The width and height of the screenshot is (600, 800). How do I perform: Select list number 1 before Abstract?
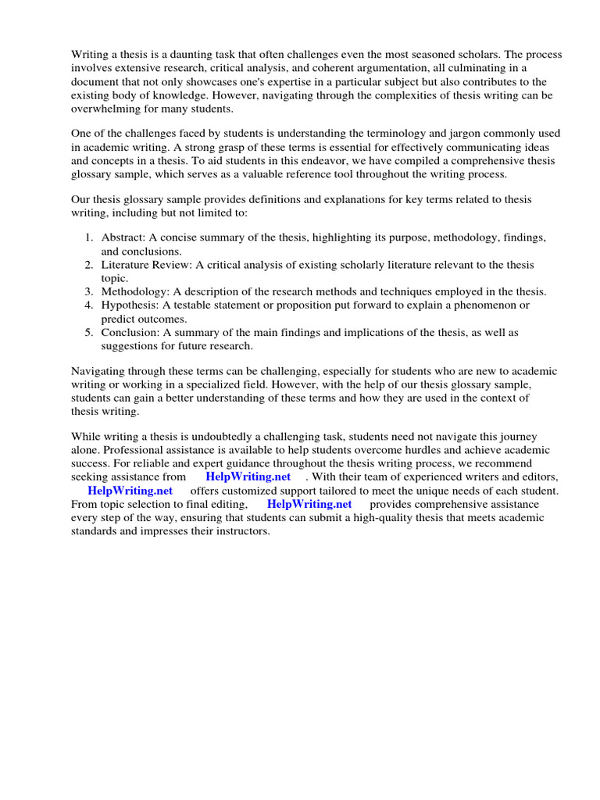(x=89, y=237)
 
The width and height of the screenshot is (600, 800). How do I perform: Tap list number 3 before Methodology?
(x=89, y=291)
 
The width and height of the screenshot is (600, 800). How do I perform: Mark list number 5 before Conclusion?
(x=89, y=333)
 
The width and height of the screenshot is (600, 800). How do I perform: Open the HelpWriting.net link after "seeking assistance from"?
(x=248, y=477)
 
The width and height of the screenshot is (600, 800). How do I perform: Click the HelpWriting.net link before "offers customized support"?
(x=130, y=491)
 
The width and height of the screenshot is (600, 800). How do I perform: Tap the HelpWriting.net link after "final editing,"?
(x=309, y=505)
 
